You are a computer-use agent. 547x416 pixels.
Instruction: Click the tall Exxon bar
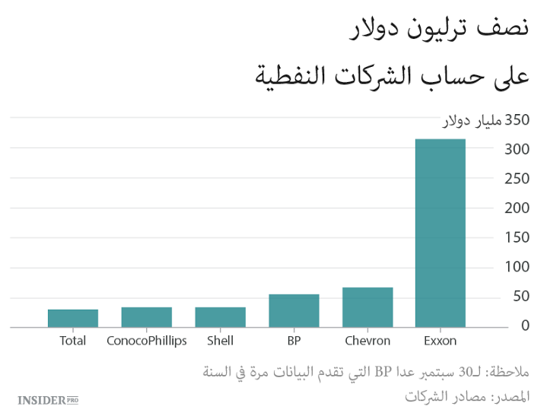[x=440, y=233]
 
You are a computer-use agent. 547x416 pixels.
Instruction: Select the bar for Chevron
[x=367, y=307]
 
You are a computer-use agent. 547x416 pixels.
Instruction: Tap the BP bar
[x=294, y=310]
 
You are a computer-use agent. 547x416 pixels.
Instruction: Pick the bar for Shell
[x=220, y=317]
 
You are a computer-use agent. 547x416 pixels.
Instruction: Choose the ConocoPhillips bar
[x=146, y=317]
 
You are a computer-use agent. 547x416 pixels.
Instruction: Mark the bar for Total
[x=73, y=319]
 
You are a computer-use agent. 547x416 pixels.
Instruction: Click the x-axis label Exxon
[x=440, y=341]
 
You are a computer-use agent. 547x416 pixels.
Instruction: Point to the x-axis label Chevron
[x=367, y=341]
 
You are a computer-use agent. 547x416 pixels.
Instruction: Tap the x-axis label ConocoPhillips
[x=146, y=341]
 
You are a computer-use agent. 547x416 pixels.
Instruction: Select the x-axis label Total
[x=73, y=341]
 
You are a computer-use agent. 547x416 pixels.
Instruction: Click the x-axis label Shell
[x=220, y=341]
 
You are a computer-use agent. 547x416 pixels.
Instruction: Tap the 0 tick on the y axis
[x=525, y=325]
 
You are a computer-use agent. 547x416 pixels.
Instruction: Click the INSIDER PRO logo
[x=48, y=399]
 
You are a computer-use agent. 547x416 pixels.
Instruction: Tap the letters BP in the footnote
[x=383, y=372]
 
